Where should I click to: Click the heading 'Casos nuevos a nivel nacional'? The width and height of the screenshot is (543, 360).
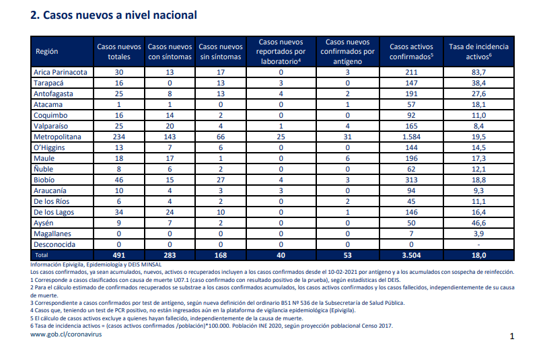(x=120, y=15)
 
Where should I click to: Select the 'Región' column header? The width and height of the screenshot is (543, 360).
(x=46, y=51)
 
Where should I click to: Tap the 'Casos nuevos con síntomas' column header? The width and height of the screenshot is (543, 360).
(x=170, y=52)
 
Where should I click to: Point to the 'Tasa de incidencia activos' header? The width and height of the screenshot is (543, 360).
(x=478, y=52)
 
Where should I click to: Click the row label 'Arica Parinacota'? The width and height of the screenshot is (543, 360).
(x=61, y=72)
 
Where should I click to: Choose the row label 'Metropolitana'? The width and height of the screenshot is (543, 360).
(x=57, y=137)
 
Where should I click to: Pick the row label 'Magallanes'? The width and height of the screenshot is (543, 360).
(x=52, y=233)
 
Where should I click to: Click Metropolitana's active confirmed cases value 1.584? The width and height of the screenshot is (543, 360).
(x=411, y=137)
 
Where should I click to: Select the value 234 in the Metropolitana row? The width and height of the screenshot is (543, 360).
(x=119, y=137)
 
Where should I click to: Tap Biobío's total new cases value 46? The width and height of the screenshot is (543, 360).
(x=119, y=180)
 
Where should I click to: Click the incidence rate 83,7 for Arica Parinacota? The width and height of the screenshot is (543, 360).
(x=478, y=72)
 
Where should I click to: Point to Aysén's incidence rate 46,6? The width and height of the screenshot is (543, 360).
(x=478, y=223)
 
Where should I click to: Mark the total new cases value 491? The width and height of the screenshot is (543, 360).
(x=119, y=255)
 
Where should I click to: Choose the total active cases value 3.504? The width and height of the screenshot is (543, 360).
(x=411, y=255)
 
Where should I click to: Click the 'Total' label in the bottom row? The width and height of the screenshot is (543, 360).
(x=42, y=255)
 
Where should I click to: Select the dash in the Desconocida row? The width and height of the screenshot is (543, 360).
(x=478, y=245)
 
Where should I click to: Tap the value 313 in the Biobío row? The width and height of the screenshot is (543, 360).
(x=411, y=180)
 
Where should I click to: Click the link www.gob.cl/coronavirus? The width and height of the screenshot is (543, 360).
(x=66, y=334)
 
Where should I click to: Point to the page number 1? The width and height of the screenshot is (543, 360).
(x=512, y=336)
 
